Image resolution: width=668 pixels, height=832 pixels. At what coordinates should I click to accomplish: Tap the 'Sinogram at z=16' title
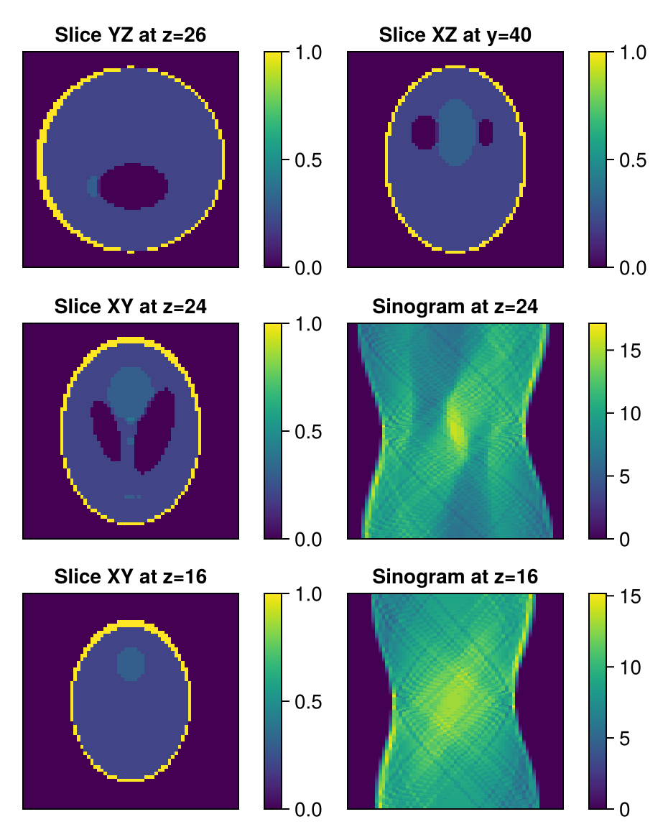point(455,577)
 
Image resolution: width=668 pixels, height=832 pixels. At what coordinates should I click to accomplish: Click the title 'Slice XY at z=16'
point(131,577)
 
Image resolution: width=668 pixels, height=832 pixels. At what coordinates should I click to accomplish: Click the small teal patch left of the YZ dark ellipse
point(92,185)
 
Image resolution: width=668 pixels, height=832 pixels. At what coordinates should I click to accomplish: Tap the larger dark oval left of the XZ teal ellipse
point(425,132)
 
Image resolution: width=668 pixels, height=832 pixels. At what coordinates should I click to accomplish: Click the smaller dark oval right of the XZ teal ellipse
point(486,132)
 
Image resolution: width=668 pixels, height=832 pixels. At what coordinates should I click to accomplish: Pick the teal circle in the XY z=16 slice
point(131,663)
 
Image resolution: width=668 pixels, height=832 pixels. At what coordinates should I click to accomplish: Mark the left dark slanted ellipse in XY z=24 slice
point(106,431)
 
